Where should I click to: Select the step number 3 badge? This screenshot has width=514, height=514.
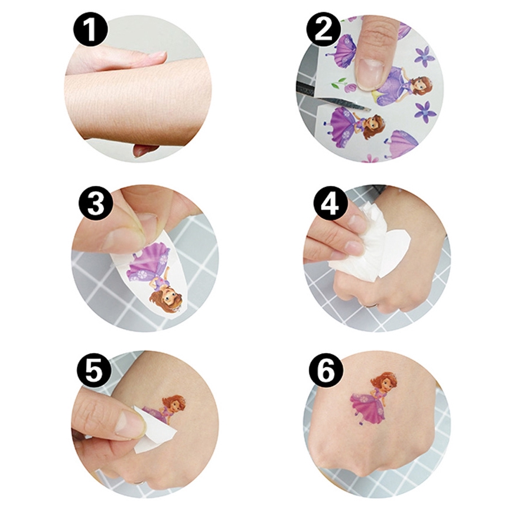(x=96, y=203)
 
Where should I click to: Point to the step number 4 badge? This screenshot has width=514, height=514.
(x=330, y=203)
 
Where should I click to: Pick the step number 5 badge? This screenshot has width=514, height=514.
(x=94, y=372)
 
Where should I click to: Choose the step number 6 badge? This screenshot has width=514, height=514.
(x=326, y=372)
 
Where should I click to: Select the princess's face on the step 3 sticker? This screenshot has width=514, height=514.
(x=167, y=297)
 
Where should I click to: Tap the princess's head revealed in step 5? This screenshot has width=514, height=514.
(x=173, y=405)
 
